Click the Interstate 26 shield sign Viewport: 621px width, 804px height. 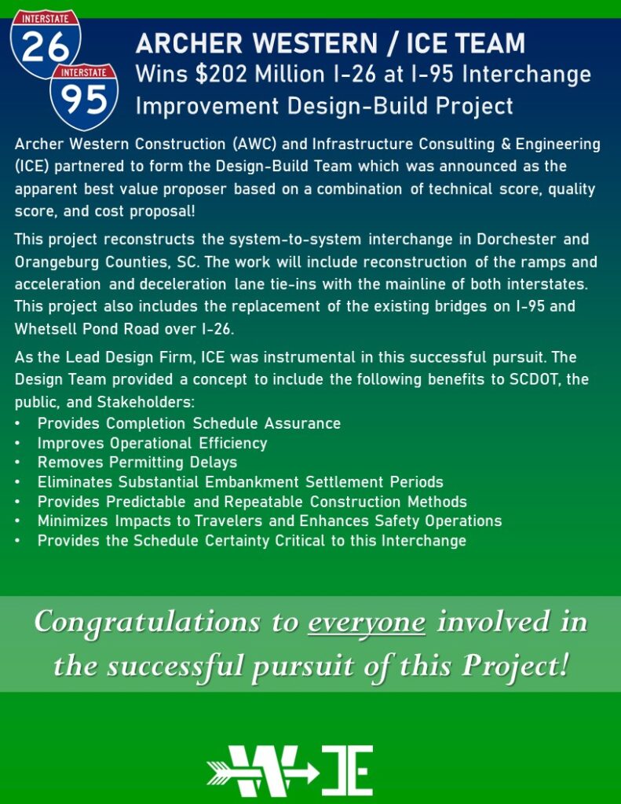45,44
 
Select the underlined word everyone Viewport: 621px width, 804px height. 367,622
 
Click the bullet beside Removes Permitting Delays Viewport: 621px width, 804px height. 18,462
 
